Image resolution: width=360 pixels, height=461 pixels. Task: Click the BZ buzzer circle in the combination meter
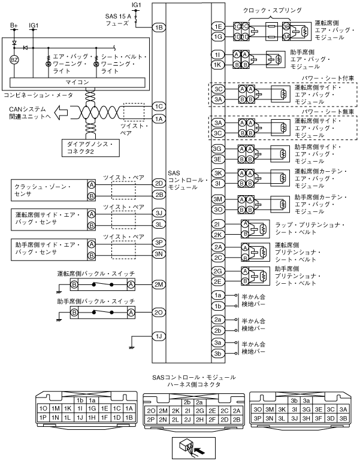[x=17, y=60]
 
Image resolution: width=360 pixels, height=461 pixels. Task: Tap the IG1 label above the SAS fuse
[x=137, y=5]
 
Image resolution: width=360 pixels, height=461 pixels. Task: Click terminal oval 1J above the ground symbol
[x=158, y=336]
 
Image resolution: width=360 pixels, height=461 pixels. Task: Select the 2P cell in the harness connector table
[x=151, y=419]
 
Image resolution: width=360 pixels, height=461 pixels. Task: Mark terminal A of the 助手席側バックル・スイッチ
[x=131, y=313]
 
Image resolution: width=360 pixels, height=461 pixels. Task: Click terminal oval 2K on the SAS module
[x=218, y=234]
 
